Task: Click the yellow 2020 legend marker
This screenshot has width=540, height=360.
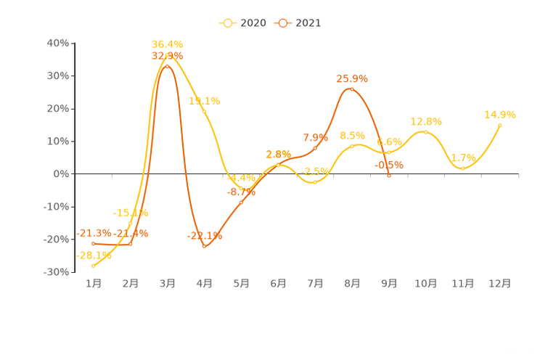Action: pyautogui.click(x=228, y=22)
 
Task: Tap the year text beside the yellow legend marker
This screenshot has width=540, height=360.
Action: pyautogui.click(x=253, y=22)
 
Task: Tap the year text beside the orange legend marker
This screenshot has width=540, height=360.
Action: pyautogui.click(x=308, y=22)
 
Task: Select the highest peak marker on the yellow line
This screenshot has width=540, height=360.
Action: pyautogui.click(x=167, y=55)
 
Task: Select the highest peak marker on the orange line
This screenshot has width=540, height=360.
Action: pyautogui.click(x=168, y=66)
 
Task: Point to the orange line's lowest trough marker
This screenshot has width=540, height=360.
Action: pyautogui.click(x=205, y=247)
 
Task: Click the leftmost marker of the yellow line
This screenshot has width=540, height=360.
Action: pyautogui.click(x=93, y=266)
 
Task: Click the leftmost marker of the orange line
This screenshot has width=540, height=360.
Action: pyautogui.click(x=93, y=243)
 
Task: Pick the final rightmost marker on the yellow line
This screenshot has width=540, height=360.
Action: pyautogui.click(x=500, y=125)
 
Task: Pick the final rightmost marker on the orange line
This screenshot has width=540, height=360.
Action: pyautogui.click(x=389, y=175)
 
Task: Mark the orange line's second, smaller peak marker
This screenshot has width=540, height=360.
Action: pyautogui.click(x=352, y=89)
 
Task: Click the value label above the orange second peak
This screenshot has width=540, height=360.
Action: pyautogui.click(x=352, y=78)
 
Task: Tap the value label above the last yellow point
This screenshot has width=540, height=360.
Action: pyautogui.click(x=500, y=114)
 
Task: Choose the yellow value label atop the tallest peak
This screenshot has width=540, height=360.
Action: pyautogui.click(x=167, y=44)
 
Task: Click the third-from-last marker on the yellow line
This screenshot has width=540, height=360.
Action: pyautogui.click(x=426, y=131)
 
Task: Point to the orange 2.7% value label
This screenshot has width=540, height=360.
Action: pyautogui.click(x=278, y=154)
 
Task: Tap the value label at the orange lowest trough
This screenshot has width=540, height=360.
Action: pyautogui.click(x=205, y=235)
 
